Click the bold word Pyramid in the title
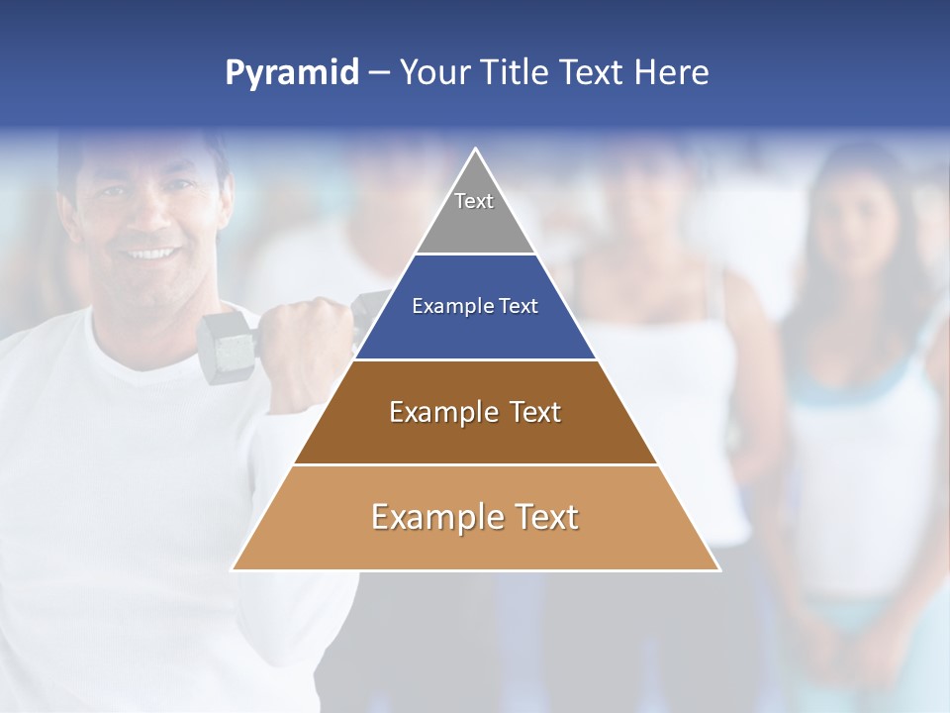(292, 72)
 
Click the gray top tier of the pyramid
(475, 213)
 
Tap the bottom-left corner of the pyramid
(234, 568)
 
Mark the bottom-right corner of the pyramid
(717, 568)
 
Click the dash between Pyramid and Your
(379, 72)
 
